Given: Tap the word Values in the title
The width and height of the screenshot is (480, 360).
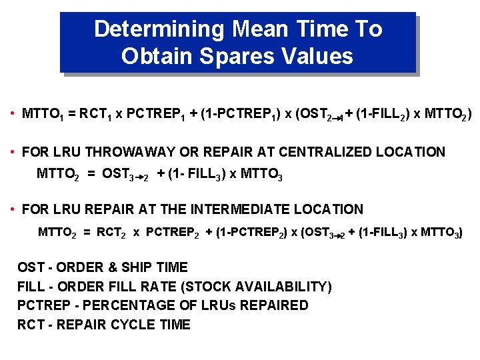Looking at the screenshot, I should (317, 56).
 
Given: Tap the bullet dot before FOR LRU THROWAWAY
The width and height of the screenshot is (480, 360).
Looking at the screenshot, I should (13, 152).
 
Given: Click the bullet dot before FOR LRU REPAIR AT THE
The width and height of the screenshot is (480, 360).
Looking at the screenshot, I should (13, 209).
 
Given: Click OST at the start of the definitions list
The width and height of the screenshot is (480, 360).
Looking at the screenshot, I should (31, 267).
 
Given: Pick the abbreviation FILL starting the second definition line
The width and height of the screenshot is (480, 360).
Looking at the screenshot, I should (31, 287).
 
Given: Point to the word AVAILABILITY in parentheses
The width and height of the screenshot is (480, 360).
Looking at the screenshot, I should (281, 287).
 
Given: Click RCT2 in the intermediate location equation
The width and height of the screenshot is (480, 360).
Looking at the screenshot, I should (110, 233).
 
